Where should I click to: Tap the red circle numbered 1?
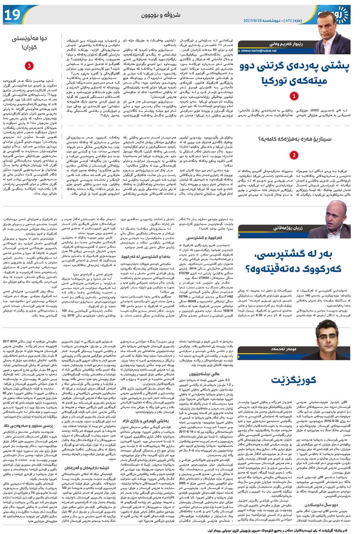point(294,96)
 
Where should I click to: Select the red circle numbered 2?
point(294,155)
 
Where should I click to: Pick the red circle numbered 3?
point(29,66)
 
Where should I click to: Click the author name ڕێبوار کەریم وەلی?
point(286,44)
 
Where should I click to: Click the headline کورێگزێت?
point(294,380)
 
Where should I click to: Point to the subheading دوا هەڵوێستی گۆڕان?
point(29,43)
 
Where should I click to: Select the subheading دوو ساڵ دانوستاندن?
point(317,505)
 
